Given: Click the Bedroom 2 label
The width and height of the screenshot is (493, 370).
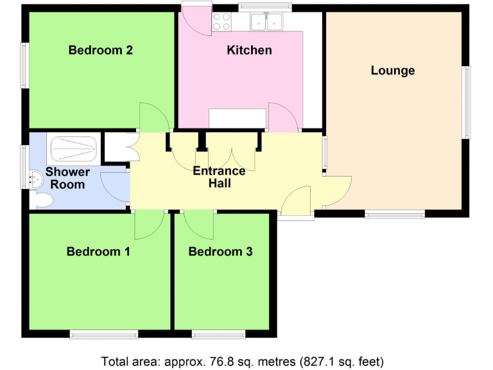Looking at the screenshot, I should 101,50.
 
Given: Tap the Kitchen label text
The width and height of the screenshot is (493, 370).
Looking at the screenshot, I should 249,50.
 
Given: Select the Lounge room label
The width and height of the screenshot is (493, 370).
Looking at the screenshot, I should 392,71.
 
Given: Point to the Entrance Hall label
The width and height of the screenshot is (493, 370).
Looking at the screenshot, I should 219,177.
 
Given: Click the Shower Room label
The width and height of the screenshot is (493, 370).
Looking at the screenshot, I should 67,179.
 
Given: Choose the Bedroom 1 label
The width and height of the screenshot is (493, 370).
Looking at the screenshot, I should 98,251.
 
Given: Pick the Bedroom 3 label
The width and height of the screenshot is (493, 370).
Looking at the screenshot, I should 220,251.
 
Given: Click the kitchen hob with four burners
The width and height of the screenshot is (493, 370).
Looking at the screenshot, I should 222,22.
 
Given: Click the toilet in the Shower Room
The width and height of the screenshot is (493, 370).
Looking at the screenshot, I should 42,200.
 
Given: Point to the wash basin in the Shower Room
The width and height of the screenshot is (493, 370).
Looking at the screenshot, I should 35,177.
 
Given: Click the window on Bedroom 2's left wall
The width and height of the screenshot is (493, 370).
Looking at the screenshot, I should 24,66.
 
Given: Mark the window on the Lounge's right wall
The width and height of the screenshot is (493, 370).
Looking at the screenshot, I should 467,102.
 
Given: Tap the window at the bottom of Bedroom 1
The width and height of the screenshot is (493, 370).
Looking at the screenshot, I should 103,333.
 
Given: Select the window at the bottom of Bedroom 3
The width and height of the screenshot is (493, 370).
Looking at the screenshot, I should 218,333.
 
